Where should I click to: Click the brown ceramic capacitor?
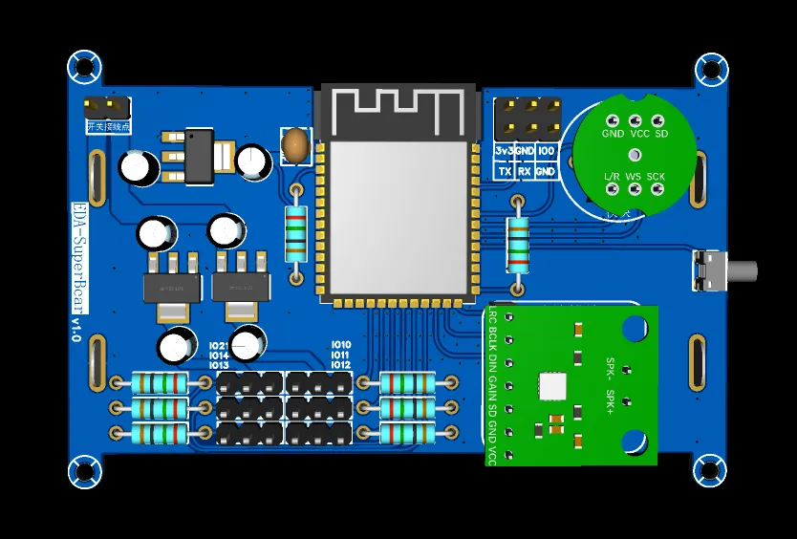pos(295,145)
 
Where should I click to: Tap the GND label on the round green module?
pos(613,134)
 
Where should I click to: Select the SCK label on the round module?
pos(656,177)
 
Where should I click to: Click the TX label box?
pos(504,171)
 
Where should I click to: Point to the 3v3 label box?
pos(504,151)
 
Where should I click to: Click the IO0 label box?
pos(546,151)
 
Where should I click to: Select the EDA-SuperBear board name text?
pos(79,258)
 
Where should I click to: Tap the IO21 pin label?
pos(219,345)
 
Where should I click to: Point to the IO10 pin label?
pos(341,345)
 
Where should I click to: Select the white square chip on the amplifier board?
pos(552,386)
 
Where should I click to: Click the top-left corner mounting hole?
pos(84,67)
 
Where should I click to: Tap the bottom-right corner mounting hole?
pos(710,470)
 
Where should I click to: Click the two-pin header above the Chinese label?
pos(106,105)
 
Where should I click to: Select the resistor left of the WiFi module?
pos(296,233)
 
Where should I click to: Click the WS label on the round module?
pos(634,177)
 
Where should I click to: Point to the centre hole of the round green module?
pos(634,155)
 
